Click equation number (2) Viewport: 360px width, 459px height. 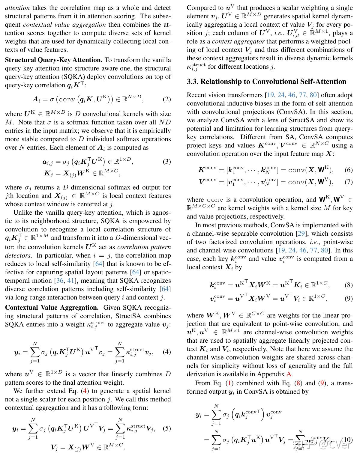(x=167, y=99)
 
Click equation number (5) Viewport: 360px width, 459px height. (x=167, y=428)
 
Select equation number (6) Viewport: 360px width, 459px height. (x=349, y=170)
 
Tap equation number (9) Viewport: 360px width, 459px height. (x=349, y=298)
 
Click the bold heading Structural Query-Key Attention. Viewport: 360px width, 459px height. (x=54, y=60)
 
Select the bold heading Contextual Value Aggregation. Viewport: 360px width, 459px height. (x=52, y=308)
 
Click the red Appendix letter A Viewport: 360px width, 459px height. (x=289, y=374)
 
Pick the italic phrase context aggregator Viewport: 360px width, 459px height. (x=238, y=41)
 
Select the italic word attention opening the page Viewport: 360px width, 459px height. (x=17, y=8)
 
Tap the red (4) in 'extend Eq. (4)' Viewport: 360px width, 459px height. (x=85, y=391)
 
